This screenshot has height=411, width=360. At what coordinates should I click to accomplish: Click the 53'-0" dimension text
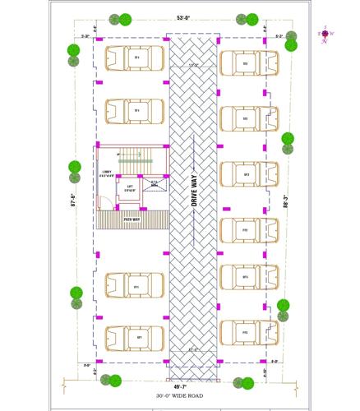click(x=182, y=17)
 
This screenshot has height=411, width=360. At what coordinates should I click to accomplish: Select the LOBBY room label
click(x=107, y=173)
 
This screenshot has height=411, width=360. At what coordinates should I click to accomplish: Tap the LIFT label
click(x=130, y=188)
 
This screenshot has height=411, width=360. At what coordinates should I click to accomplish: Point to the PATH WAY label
click(x=132, y=219)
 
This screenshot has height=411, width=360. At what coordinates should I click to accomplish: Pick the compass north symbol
click(x=326, y=34)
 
